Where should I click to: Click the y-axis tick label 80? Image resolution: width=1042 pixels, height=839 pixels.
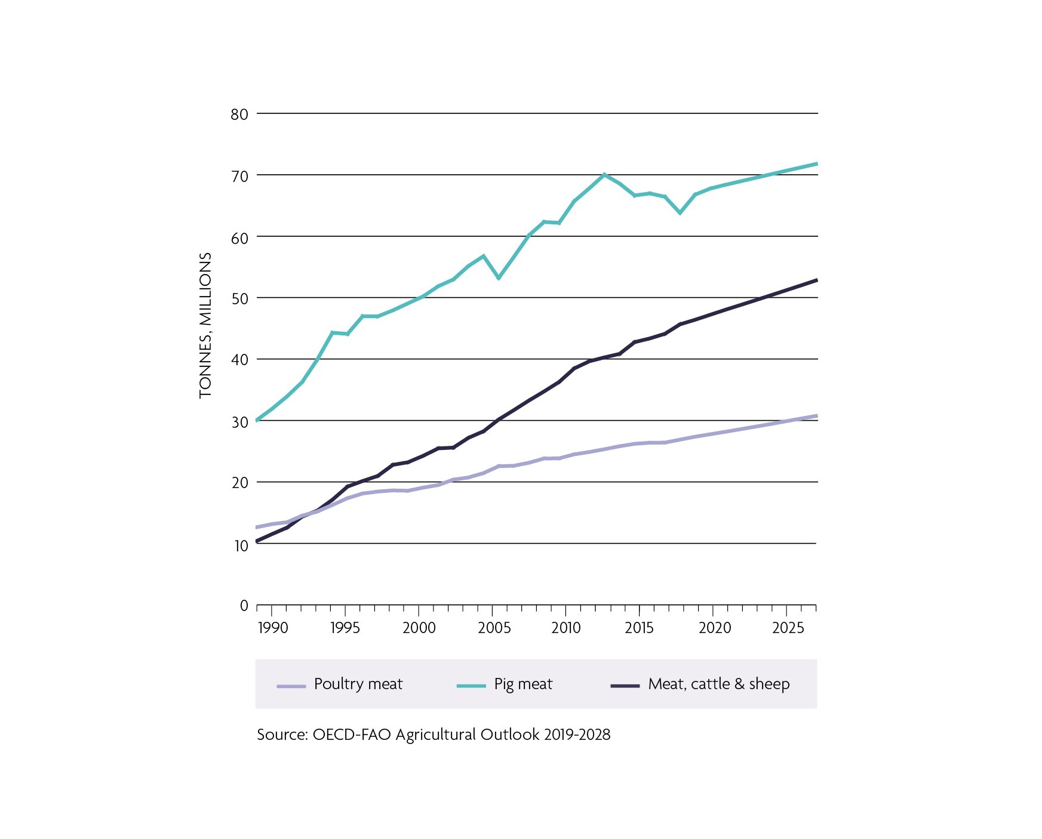click(x=239, y=114)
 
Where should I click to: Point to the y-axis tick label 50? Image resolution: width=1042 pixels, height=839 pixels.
click(x=239, y=298)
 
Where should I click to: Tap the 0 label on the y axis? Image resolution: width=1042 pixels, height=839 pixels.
click(x=244, y=606)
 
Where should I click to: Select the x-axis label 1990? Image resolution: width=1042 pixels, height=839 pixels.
click(x=273, y=628)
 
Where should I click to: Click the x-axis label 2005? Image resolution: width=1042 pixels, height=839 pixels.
click(x=494, y=628)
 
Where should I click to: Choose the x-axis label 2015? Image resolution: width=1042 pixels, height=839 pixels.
click(x=640, y=628)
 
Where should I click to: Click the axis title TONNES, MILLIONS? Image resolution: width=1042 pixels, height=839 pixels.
click(x=205, y=325)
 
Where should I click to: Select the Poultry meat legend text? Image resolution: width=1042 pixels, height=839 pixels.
click(x=358, y=684)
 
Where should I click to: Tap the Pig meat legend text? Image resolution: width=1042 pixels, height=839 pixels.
click(x=523, y=684)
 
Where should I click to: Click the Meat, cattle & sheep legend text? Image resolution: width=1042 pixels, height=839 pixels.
click(x=718, y=684)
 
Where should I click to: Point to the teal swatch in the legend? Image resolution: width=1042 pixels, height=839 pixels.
click(x=471, y=686)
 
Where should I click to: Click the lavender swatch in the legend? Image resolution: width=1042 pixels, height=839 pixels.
click(x=291, y=686)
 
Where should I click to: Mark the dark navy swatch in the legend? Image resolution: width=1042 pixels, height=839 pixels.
click(x=625, y=686)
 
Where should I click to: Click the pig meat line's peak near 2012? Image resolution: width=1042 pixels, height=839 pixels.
click(x=604, y=174)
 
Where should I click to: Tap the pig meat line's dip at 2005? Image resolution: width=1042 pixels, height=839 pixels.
click(x=499, y=278)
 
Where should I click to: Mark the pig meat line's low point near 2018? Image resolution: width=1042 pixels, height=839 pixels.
click(x=680, y=212)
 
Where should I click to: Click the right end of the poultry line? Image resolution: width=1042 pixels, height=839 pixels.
click(x=816, y=415)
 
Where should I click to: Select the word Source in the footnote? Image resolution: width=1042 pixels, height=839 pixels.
click(x=281, y=735)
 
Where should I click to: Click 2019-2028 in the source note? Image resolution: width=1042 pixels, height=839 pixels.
click(x=577, y=735)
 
